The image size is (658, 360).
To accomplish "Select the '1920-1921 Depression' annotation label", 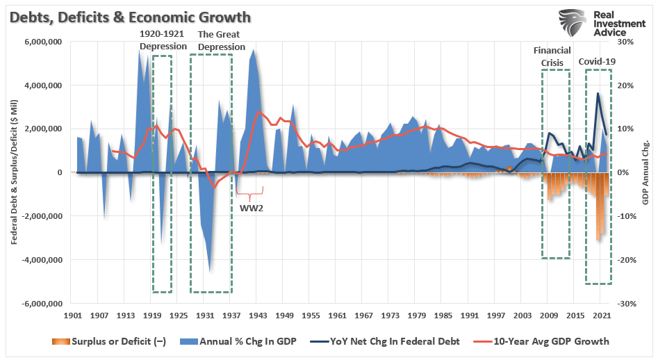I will point(163,40).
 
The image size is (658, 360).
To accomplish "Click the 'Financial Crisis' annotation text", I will point(552,56).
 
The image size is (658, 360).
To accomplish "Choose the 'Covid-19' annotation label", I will point(597,62).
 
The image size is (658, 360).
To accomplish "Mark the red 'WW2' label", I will point(252,207).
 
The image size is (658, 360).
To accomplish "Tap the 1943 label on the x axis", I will point(256,316).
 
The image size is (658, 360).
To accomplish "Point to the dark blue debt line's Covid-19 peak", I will point(598,93).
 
